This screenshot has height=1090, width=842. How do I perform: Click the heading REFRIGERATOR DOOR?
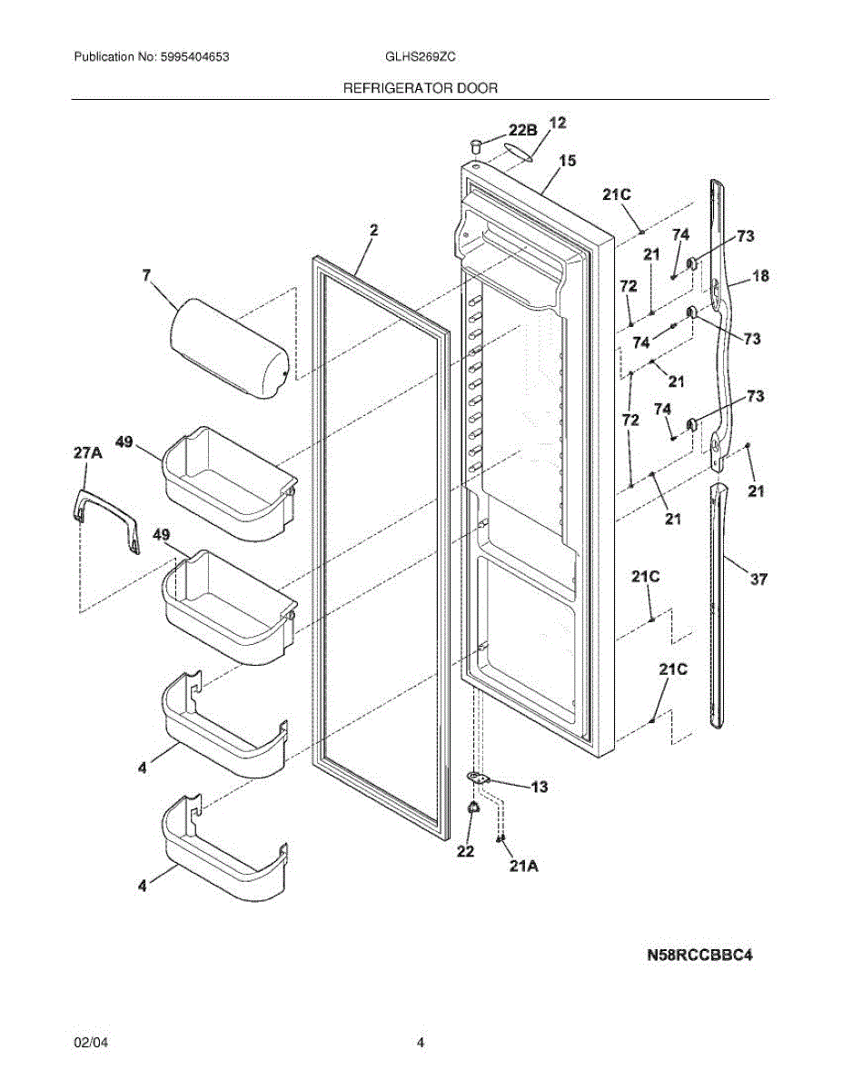(420, 88)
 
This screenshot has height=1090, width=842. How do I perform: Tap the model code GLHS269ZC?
(421, 56)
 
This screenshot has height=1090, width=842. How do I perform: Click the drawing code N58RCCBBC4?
(700, 955)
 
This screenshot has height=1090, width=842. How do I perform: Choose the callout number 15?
(567, 161)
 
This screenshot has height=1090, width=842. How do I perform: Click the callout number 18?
(760, 276)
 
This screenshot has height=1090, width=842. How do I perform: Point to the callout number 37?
(758, 579)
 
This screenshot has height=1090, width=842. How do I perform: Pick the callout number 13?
(540, 787)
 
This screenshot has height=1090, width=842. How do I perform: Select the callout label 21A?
(524, 867)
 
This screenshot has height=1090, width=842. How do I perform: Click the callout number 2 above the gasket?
(373, 232)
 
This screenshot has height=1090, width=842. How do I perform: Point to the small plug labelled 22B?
(476, 144)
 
